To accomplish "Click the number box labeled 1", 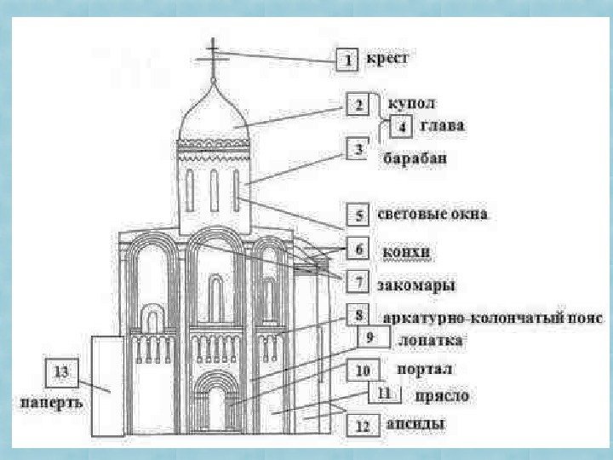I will click(347, 60).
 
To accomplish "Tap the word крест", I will click(387, 60).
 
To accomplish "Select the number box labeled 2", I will click(359, 105).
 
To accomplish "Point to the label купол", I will click(411, 103).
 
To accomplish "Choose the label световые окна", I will click(433, 215).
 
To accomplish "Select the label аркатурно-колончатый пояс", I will click(494, 319).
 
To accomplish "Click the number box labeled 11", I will click(383, 394).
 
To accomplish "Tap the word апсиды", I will click(415, 423).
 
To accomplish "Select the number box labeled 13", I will click(61, 371).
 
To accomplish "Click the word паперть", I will click(53, 401).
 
